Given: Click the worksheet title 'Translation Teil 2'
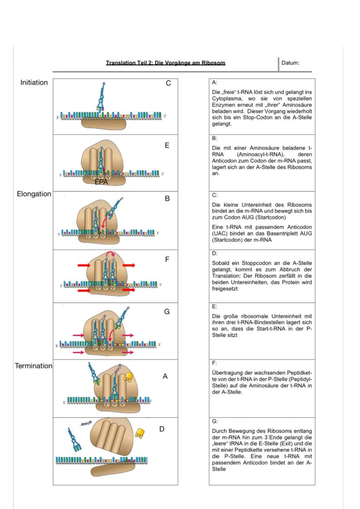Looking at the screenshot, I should tap(165, 63).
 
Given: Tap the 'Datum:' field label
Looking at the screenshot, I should tap(290, 63).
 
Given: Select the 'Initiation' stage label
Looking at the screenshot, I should tap(34, 83).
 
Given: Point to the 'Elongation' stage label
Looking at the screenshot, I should tap(34, 194).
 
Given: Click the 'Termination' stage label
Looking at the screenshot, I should tap(34, 366).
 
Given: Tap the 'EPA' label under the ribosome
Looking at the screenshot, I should tap(101, 183).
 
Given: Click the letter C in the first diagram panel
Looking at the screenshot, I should tap(168, 83).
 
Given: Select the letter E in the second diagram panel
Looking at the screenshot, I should tap(167, 146).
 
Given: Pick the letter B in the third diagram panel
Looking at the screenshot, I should tap(167, 199).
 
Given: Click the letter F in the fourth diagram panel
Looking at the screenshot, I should tap(167, 259).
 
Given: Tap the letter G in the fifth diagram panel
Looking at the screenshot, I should tap(167, 312).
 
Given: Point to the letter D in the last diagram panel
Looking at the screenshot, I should tap(162, 429).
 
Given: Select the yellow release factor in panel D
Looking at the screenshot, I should tap(140, 433).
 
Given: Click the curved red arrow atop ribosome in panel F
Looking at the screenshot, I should tap(109, 254).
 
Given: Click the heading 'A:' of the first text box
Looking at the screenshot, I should tap(214, 82).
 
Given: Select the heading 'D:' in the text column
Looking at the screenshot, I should tap(214, 253).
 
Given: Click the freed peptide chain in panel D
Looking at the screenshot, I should tap(86, 423).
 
